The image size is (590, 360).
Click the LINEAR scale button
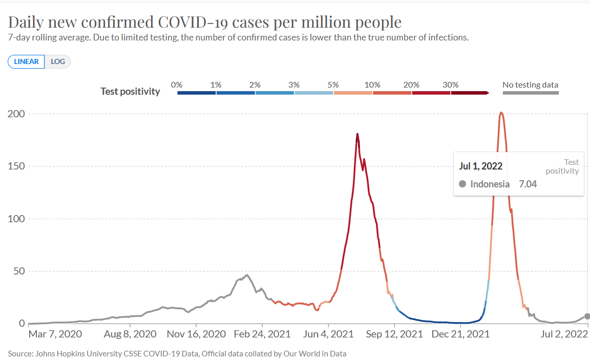click(26, 61)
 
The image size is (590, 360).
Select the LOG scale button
click(58, 61)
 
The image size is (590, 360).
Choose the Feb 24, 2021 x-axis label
click(262, 334)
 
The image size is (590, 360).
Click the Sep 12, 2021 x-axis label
click(394, 334)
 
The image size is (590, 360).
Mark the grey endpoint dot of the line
click(587, 316)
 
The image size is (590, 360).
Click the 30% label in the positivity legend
click(451, 84)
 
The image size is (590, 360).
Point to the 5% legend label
click(333, 84)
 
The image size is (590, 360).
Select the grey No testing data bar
click(531, 93)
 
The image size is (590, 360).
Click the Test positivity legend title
click(130, 92)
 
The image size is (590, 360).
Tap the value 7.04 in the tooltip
click(528, 184)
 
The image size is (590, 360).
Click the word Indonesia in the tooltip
click(490, 184)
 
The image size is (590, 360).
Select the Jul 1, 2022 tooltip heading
click(481, 166)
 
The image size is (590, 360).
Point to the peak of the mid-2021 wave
click(357, 134)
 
